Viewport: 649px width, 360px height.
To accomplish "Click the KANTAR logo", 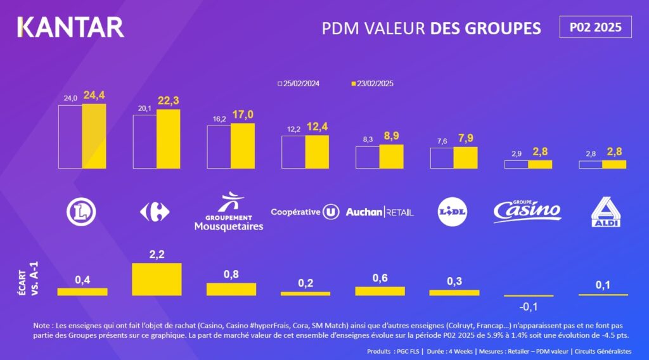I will click(x=70, y=27).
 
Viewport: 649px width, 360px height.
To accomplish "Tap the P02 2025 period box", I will click(x=595, y=27).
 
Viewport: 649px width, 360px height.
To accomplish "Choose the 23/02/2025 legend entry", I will click(x=374, y=84).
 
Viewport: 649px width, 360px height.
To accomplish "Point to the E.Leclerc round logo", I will click(x=81, y=212).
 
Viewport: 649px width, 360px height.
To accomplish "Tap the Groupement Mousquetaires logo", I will click(x=228, y=213).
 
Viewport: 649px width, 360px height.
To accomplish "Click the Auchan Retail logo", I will click(x=379, y=212).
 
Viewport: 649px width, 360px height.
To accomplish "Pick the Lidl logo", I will click(x=454, y=212).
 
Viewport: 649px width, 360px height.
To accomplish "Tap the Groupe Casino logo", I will click(x=527, y=209).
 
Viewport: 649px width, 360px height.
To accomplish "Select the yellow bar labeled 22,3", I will click(x=168, y=139).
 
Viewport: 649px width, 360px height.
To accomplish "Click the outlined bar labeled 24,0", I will click(x=70, y=136).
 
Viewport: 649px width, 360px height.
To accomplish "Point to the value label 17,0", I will click(x=242, y=115).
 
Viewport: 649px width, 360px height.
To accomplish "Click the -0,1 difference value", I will click(x=529, y=307).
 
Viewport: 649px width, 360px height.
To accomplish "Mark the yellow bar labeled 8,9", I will click(x=391, y=157).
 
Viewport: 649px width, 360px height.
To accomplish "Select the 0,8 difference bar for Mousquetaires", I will click(x=231, y=289).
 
